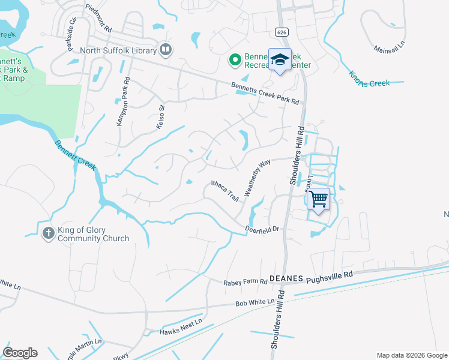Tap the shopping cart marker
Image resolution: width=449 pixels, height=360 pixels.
coord(319,199)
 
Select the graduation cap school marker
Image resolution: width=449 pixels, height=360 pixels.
coord(279,59)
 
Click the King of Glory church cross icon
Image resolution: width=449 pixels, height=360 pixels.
coord(49,233)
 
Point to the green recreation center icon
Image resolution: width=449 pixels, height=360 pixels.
coord(235,60)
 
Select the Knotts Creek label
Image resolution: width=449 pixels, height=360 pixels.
coord(369,79)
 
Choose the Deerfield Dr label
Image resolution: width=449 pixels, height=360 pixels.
coord(263,229)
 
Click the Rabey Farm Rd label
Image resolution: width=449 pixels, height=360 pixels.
coord(244,281)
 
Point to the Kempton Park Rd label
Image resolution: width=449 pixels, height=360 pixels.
coord(122,101)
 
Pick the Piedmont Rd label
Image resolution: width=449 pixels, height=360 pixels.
coord(98,18)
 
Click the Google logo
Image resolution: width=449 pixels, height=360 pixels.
coord(20,353)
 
